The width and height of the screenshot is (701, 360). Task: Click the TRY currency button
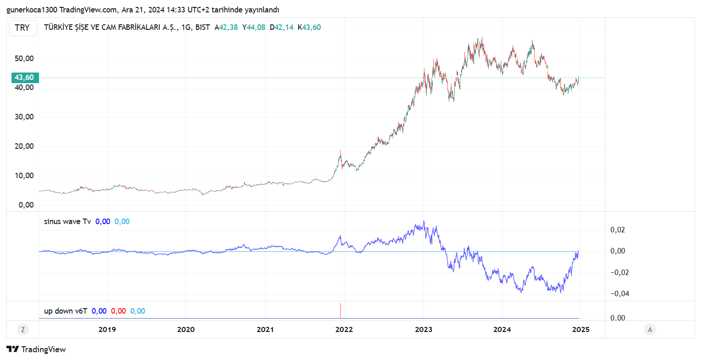pyautogui.click(x=22, y=28)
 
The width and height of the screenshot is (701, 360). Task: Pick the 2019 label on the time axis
pyautogui.click(x=107, y=329)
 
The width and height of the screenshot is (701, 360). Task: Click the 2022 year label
pyautogui.click(x=344, y=329)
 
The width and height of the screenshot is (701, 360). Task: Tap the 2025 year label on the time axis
pyautogui.click(x=581, y=329)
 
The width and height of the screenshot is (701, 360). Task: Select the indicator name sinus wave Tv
pyautogui.click(x=67, y=221)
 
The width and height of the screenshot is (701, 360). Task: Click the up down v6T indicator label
pyautogui.click(x=65, y=311)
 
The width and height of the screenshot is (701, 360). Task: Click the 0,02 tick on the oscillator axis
pyautogui.click(x=617, y=230)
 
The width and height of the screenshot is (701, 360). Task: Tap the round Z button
pyautogui.click(x=22, y=329)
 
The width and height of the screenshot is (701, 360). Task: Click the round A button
pyautogui.click(x=650, y=329)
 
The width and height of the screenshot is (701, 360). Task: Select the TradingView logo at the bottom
pyautogui.click(x=36, y=349)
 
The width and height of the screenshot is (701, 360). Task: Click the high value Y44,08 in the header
pyautogui.click(x=254, y=27)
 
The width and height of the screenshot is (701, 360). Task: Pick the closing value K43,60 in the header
pyautogui.click(x=309, y=27)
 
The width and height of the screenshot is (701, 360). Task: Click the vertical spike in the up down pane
pyautogui.click(x=340, y=310)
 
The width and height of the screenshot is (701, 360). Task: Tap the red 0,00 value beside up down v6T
pyautogui.click(x=119, y=311)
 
